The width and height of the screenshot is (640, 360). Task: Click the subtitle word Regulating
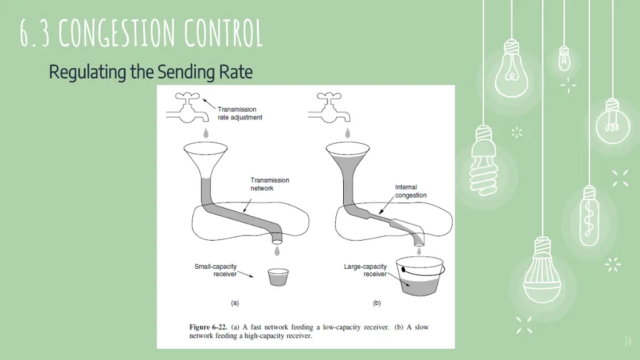tap(88, 72)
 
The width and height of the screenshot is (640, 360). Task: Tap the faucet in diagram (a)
tap(187, 109)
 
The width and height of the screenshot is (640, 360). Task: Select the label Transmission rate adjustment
tap(239, 113)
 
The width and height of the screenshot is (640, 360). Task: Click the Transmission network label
tap(269, 184)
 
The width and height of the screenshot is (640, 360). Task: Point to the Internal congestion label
tap(411, 191)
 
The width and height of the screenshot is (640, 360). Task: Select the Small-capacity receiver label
tap(216, 270)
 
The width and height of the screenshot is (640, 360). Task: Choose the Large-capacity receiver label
tap(366, 270)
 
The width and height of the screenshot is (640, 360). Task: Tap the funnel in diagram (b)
tap(348, 160)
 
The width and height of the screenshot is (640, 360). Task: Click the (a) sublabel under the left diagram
tap(235, 303)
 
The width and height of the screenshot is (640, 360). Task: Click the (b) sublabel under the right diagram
tap(377, 303)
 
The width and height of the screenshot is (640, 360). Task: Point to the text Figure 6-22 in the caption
tap(207, 327)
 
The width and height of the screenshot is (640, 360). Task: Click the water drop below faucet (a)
tap(206, 132)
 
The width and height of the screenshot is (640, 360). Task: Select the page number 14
tap(628, 341)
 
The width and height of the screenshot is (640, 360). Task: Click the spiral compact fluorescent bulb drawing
tap(484, 157)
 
